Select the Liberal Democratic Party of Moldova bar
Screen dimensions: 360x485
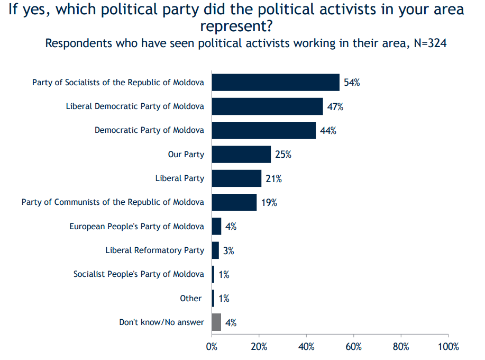267,106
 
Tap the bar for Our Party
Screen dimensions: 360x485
241,155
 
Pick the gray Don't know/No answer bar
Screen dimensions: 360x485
216,322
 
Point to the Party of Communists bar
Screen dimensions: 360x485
234,202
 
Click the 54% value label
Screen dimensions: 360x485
352,83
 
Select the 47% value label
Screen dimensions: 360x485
335,107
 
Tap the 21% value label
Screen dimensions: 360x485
274,179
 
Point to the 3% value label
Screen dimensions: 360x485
228,250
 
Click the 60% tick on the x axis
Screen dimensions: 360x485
353,347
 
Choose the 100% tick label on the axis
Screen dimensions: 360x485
448,347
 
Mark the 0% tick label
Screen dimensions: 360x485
212,347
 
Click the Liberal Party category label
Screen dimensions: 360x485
179,178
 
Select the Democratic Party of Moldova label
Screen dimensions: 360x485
149,130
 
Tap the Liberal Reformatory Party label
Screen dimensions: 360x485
154,250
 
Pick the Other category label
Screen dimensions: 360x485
190,298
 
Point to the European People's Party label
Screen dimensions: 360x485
136,226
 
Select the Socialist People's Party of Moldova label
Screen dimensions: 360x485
139,274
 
